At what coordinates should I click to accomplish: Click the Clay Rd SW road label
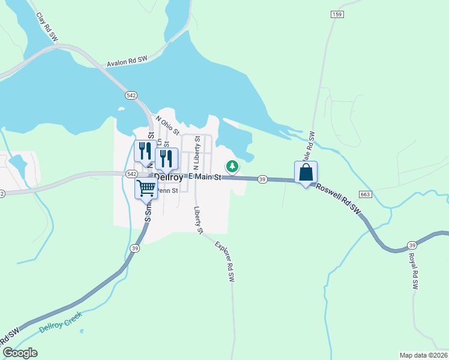tap(47, 27)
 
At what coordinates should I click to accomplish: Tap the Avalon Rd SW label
tap(127, 62)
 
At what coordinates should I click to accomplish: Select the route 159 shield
tap(337, 13)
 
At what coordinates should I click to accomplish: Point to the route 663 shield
tap(365, 194)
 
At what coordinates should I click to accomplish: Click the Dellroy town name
tap(171, 177)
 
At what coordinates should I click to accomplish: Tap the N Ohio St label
tap(167, 125)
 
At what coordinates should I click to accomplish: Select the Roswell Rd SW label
tap(340, 200)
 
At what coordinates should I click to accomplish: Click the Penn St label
tap(167, 191)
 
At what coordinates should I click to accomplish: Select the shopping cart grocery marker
tap(146, 189)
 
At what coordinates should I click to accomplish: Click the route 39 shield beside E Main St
tap(262, 179)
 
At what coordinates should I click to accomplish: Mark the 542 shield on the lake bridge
tap(131, 95)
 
